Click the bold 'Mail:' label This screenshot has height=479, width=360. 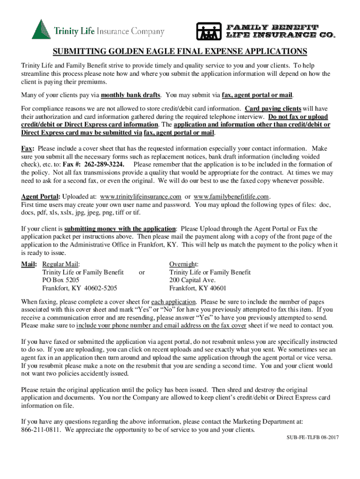click(29, 264)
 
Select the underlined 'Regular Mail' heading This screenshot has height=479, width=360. click(61, 264)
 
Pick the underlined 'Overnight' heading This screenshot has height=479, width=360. click(183, 264)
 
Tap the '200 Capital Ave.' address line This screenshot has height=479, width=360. click(192, 280)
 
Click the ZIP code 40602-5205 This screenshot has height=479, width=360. click(99, 288)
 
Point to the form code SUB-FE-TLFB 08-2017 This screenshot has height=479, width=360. click(312, 437)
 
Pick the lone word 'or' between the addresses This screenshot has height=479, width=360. click(142, 272)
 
